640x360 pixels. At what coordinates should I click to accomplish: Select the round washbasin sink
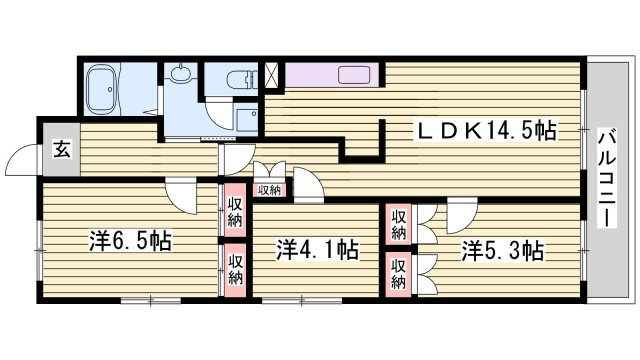pyautogui.click(x=179, y=73)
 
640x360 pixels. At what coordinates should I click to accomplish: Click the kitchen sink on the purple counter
pyautogui.click(x=354, y=75)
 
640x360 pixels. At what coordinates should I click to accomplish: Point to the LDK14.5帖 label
pyautogui.click(x=484, y=131)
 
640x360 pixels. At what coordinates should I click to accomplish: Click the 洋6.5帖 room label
pyautogui.click(x=130, y=241)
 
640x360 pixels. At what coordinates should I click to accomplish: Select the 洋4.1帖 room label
pyautogui.click(x=318, y=250)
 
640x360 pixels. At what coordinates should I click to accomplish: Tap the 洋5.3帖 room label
pyautogui.click(x=502, y=251)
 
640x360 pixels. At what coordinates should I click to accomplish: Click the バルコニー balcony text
pyautogui.click(x=606, y=178)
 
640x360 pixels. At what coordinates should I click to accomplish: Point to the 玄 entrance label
pyautogui.click(x=62, y=149)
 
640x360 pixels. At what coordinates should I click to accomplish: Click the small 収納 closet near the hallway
pyautogui.click(x=269, y=190)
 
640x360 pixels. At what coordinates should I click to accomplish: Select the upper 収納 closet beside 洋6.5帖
pyautogui.click(x=235, y=210)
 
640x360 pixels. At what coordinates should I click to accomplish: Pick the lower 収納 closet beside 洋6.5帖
pyautogui.click(x=235, y=270)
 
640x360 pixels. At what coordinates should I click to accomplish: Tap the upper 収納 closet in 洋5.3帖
pyautogui.click(x=398, y=224)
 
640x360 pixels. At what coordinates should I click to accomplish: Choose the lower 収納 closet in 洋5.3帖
pyautogui.click(x=398, y=274)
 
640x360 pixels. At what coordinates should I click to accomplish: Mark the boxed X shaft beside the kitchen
pyautogui.click(x=272, y=74)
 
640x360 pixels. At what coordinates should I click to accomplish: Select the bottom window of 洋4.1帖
pyautogui.click(x=302, y=301)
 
